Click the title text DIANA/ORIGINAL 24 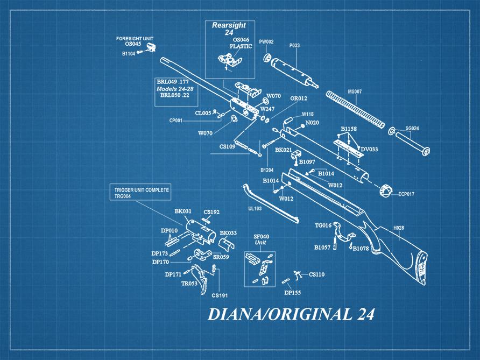point(291,314)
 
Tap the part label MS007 point(355,91)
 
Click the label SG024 point(412,129)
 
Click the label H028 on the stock point(398,228)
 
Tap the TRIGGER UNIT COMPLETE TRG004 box point(142,193)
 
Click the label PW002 point(266,41)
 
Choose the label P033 point(294,46)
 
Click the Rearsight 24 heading point(229,29)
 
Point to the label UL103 point(255,208)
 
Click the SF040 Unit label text point(261,239)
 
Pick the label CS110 point(316,274)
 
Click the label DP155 point(293,293)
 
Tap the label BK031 point(183,211)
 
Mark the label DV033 point(369,149)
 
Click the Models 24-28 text point(175,88)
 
